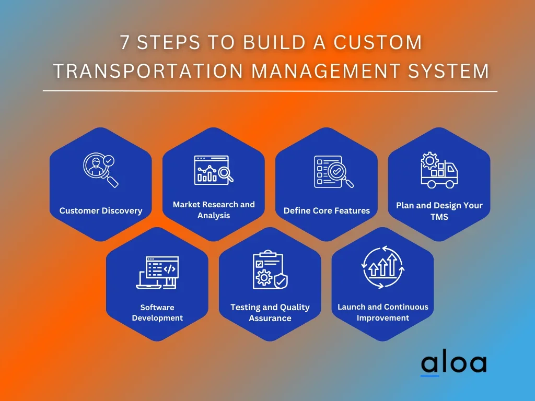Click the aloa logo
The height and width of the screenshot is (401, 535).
coord(453,364)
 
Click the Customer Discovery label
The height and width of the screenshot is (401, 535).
coord(101,211)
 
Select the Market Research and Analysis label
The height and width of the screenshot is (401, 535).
coord(214,210)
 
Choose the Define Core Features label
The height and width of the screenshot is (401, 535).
coord(327,211)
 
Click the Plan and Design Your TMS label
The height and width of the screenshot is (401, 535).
coord(439,211)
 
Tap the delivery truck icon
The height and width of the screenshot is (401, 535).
coord(439,170)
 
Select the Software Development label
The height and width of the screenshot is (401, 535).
coord(157,313)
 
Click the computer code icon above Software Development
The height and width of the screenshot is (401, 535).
coord(157,272)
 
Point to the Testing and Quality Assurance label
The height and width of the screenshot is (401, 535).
coord(270,313)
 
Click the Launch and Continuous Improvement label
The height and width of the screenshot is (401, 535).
coord(383,312)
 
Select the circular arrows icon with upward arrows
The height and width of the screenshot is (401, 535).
coord(383,267)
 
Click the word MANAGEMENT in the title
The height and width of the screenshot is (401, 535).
coord(321,71)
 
